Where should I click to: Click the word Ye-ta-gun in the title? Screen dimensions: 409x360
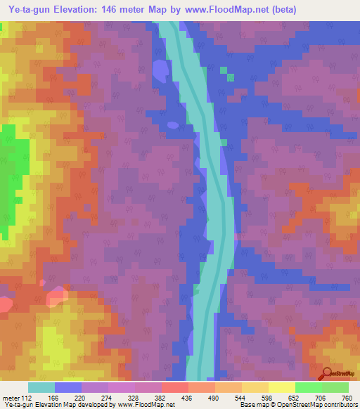(x=30, y=10)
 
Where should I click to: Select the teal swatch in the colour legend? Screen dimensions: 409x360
(x=41, y=387)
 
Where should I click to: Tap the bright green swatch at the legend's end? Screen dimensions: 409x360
(x=335, y=387)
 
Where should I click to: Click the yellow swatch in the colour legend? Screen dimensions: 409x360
(x=281, y=387)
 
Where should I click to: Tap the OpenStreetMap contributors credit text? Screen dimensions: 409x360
(x=325, y=404)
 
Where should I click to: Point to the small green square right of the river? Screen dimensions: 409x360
(x=224, y=70)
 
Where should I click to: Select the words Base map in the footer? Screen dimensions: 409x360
(x=252, y=404)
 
